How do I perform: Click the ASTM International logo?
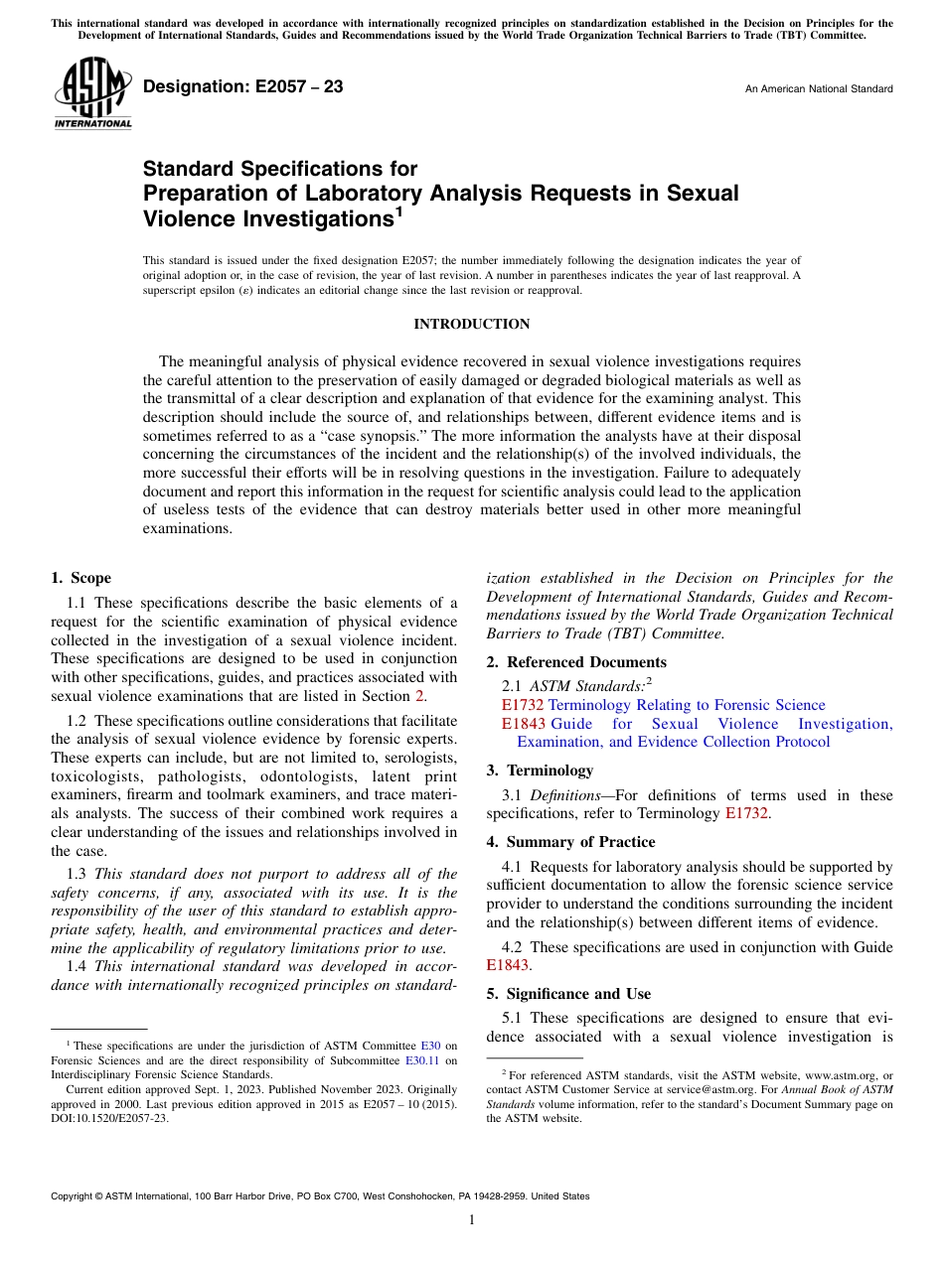[x=92, y=93]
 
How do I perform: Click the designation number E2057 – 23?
[x=243, y=87]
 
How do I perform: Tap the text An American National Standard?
[x=818, y=89]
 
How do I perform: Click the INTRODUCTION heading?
[x=471, y=325]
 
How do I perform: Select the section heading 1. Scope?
[x=80, y=578]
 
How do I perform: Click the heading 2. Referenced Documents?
[x=576, y=662]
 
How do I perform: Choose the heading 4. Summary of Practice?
[x=570, y=842]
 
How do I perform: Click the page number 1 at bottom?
[x=472, y=1220]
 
